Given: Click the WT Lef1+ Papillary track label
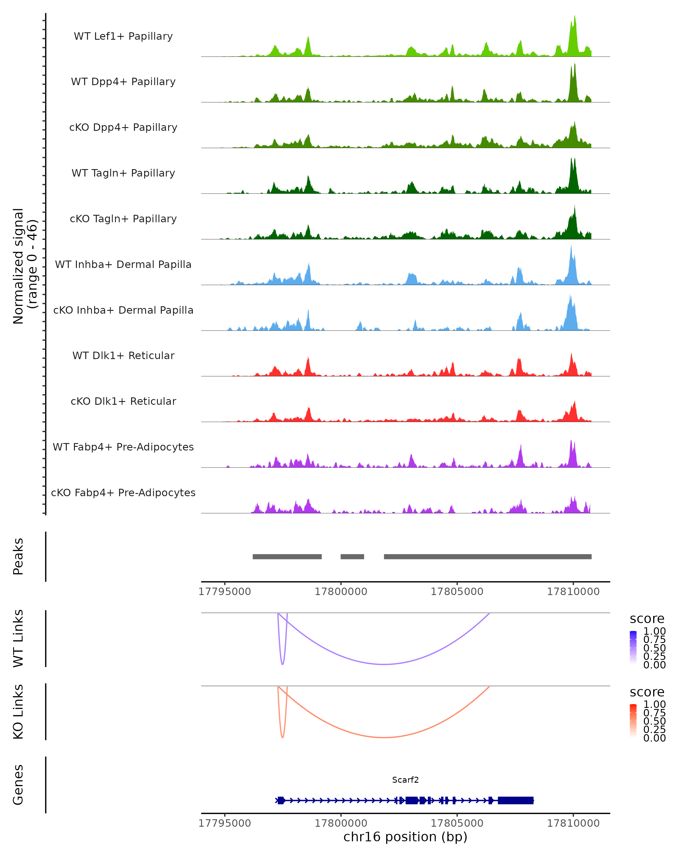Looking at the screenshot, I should tap(123, 36).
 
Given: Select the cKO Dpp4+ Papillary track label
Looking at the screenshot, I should tap(123, 127).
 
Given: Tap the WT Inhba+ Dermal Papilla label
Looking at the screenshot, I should tap(123, 264).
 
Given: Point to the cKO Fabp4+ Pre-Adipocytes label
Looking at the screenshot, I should tap(123, 492).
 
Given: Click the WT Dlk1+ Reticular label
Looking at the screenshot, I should tap(123, 355).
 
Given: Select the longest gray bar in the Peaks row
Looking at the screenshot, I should tap(488, 556).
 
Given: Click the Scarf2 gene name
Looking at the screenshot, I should tap(405, 780).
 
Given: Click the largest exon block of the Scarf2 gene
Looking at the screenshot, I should tap(515, 800).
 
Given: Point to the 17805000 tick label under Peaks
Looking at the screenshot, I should tap(457, 592).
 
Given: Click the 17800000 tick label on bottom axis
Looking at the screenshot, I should tap(341, 823).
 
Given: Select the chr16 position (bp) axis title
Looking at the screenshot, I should tap(405, 837).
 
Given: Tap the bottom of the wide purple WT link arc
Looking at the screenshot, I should tap(384, 664).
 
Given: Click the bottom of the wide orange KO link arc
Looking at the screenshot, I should tap(384, 737).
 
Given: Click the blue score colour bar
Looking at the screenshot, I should tap(633, 647).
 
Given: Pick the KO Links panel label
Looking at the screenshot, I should tap(18, 712).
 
